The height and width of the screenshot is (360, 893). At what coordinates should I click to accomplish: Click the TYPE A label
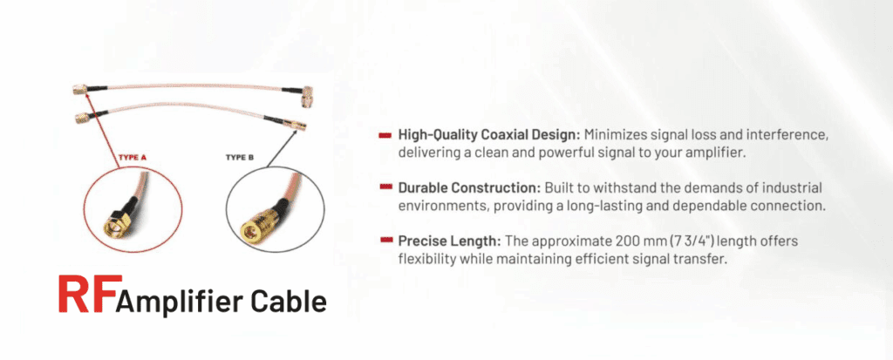132,157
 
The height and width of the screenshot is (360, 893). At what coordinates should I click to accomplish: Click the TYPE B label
240,157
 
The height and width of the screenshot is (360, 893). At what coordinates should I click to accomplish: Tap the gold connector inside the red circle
115,223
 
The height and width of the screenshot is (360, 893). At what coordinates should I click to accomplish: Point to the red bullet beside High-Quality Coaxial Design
385,136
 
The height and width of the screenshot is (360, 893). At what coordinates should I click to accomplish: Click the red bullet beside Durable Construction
385,187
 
